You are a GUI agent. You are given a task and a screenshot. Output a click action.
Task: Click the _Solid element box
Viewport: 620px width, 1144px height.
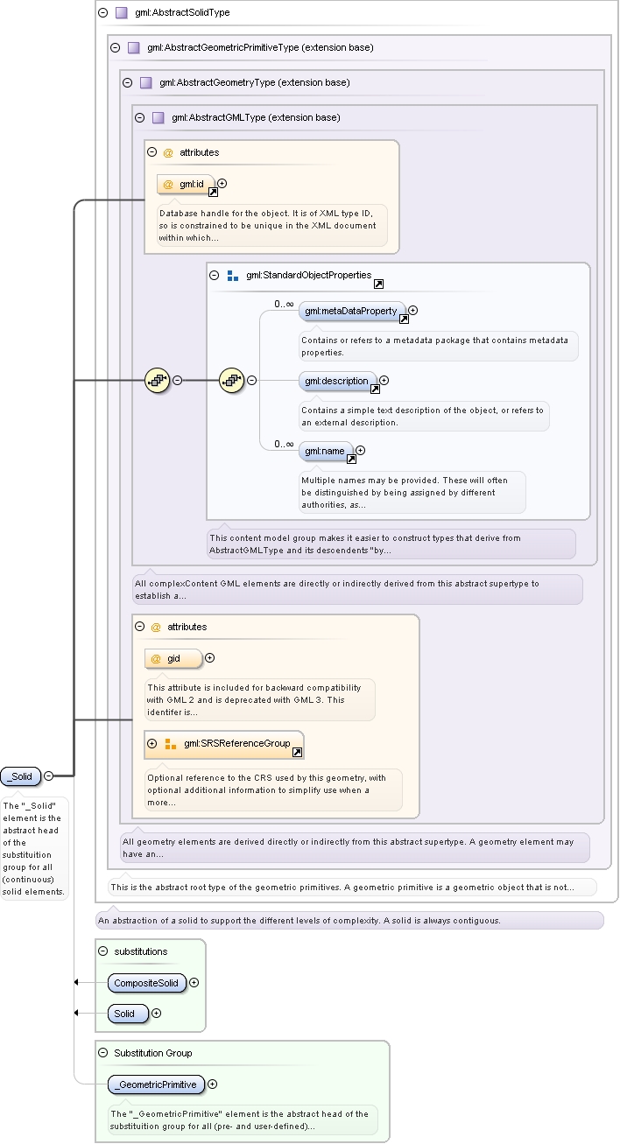tap(20, 776)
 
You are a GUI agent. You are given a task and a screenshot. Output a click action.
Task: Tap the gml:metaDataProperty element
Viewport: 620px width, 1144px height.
tap(353, 311)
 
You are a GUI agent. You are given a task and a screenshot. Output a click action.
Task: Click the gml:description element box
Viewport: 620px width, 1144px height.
tap(338, 381)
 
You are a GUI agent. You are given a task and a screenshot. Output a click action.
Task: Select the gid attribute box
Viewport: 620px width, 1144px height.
tap(173, 659)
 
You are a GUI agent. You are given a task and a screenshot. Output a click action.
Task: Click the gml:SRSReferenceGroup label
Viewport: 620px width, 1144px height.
tap(237, 743)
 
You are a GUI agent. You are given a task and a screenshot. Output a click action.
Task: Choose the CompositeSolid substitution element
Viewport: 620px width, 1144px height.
tap(147, 983)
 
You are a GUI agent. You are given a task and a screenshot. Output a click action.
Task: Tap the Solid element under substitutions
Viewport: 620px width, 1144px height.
tap(128, 1014)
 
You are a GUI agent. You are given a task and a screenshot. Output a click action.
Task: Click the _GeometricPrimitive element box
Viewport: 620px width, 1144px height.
tap(157, 1084)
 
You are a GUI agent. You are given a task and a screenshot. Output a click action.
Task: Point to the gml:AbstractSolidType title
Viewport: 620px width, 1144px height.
tap(182, 12)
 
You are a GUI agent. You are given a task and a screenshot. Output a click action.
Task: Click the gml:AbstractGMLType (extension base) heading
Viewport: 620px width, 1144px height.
tap(256, 117)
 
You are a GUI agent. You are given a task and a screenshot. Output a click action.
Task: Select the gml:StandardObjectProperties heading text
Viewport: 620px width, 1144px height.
tap(309, 275)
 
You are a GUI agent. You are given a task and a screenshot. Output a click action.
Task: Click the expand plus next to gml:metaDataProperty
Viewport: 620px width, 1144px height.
tap(413, 310)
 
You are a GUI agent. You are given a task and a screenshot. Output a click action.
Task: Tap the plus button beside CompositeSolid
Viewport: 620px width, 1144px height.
tap(194, 983)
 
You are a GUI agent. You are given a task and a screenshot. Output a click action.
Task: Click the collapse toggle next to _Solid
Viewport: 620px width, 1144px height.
tap(48, 776)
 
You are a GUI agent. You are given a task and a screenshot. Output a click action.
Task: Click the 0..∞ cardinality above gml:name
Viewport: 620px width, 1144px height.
tap(285, 444)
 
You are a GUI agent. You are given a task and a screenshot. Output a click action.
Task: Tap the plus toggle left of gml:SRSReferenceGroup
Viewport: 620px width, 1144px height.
tap(151, 743)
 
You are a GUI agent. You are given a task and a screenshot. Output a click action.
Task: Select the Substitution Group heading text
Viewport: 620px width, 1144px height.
tap(153, 1053)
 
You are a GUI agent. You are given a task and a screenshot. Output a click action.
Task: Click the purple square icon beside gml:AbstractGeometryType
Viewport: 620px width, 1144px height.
tap(146, 83)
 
